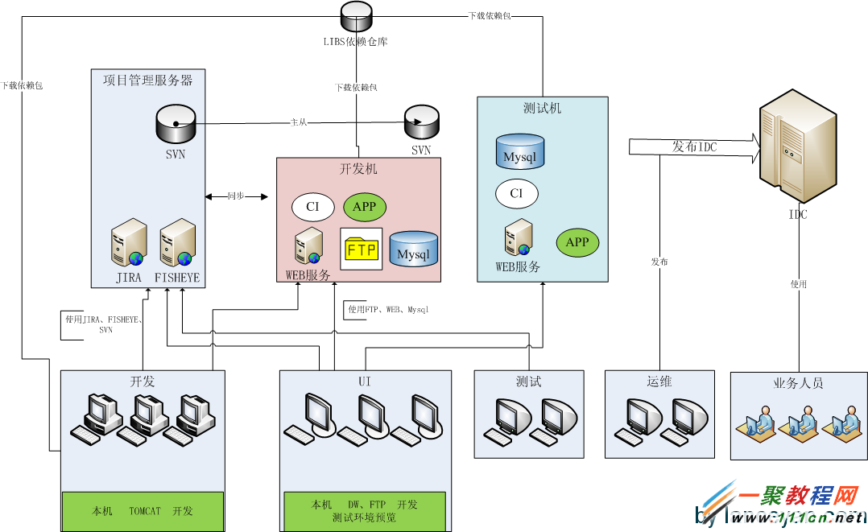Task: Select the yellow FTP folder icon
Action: click(x=362, y=250)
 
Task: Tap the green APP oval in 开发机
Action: click(x=365, y=207)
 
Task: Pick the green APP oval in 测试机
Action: click(x=577, y=242)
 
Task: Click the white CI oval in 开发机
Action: click(x=312, y=207)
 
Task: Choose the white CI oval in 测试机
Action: click(x=516, y=193)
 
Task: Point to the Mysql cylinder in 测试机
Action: click(x=519, y=152)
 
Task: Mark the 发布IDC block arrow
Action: click(x=693, y=147)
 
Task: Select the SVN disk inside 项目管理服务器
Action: click(x=175, y=124)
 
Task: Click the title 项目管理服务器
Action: click(x=148, y=80)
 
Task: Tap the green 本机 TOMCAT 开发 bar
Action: click(x=143, y=510)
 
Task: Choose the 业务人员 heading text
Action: click(x=798, y=384)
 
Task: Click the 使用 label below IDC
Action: click(x=798, y=284)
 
